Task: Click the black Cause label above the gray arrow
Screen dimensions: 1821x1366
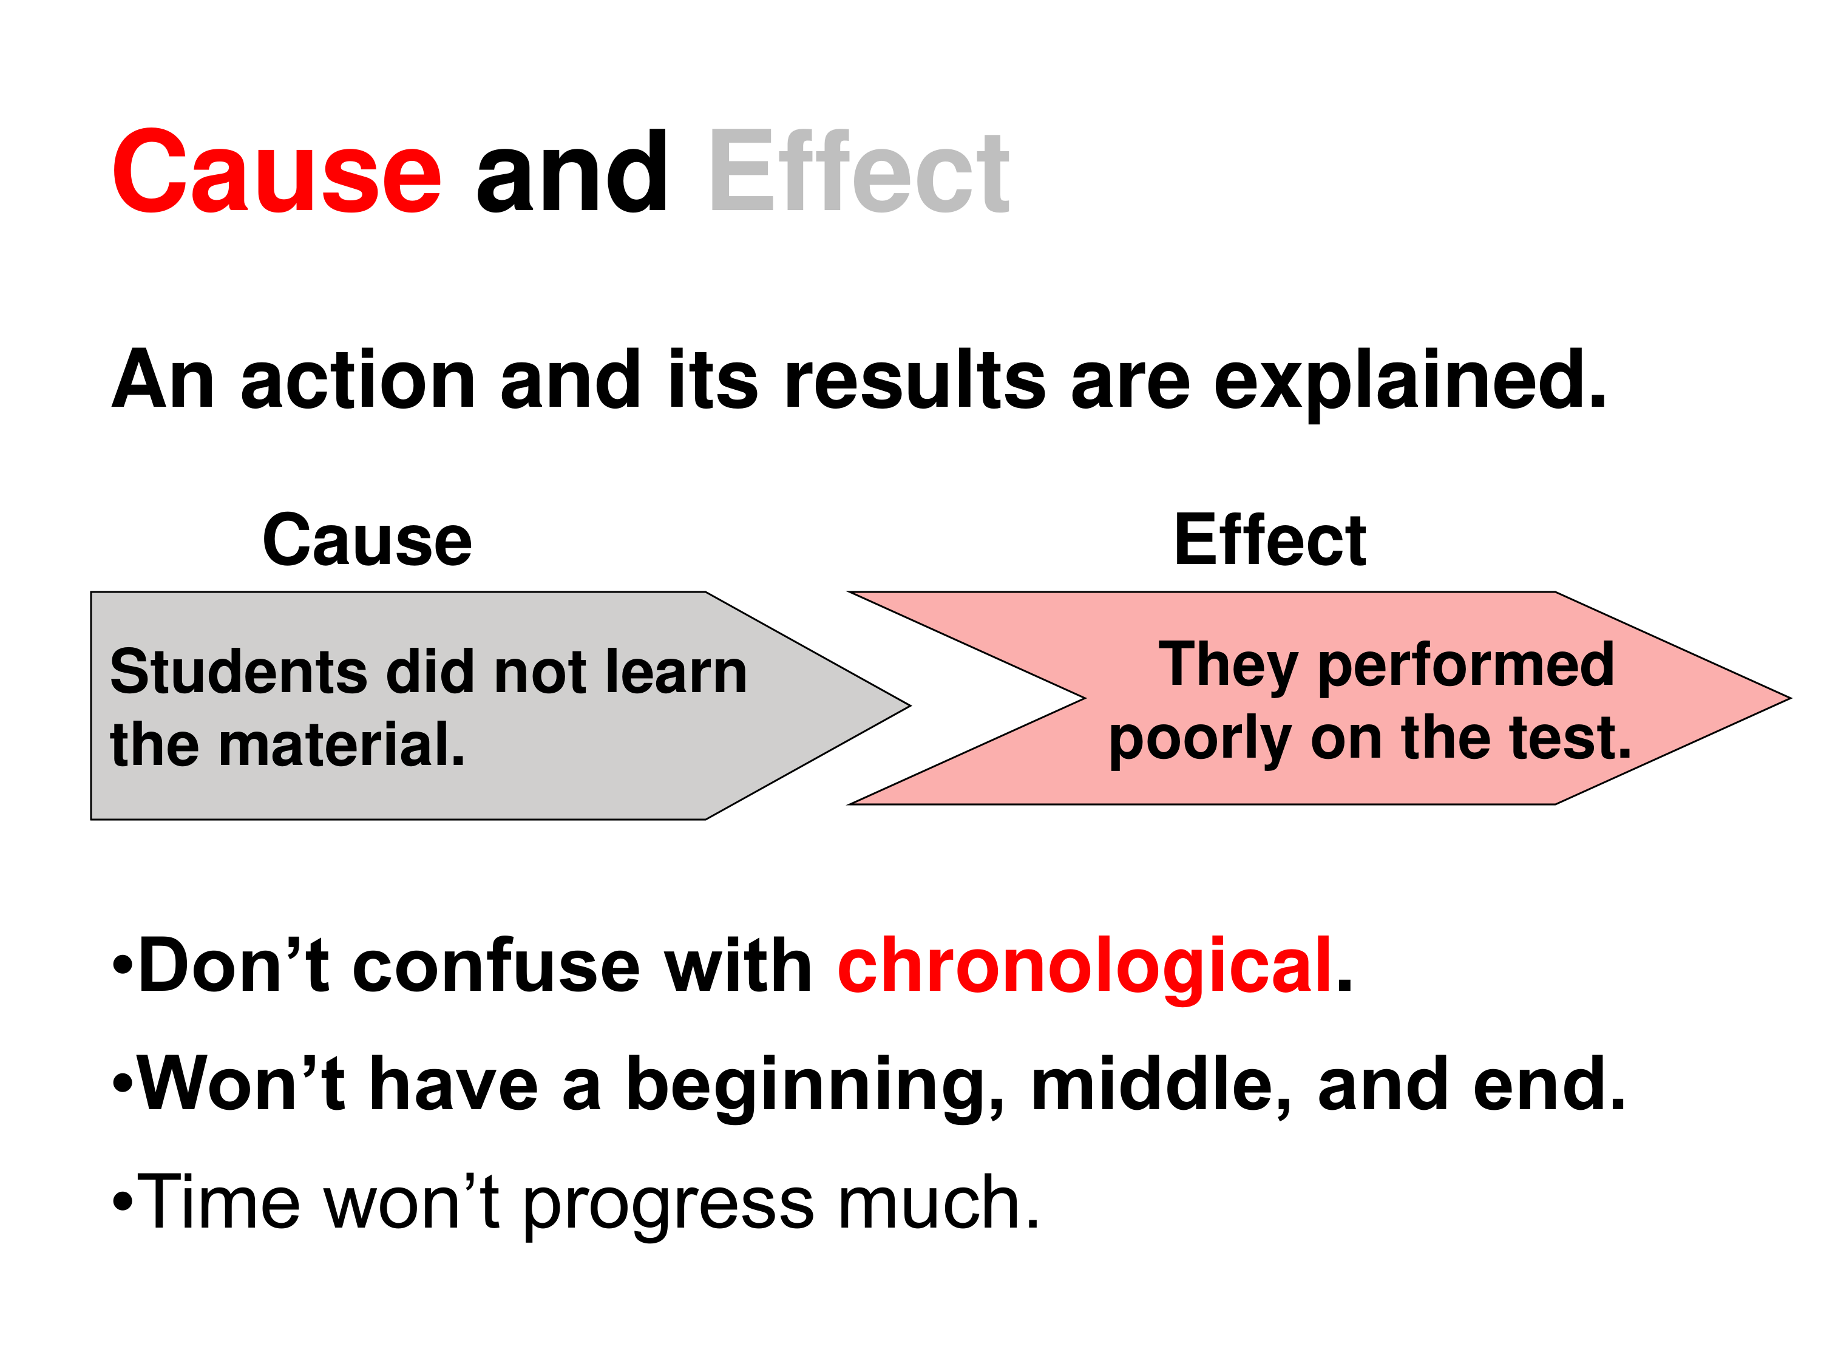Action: [x=367, y=540]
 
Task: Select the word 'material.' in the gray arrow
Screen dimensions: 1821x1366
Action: [x=342, y=744]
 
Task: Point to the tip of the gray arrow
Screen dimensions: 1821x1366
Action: [x=910, y=705]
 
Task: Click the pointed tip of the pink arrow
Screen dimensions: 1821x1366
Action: [x=1791, y=698]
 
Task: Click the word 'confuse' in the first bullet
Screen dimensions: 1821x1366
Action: [x=497, y=965]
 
